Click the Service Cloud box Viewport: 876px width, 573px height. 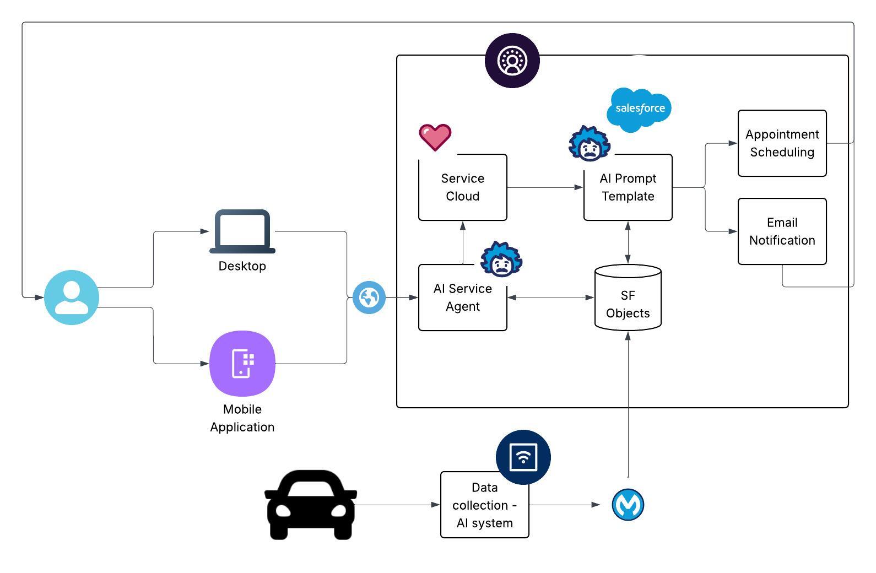point(462,187)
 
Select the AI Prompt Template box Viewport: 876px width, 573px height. point(628,187)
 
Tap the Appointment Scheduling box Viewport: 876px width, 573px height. point(782,143)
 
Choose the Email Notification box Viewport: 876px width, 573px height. point(782,231)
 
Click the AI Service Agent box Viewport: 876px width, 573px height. point(462,298)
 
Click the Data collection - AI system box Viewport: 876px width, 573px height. point(484,505)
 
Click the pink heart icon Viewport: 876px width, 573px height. point(435,137)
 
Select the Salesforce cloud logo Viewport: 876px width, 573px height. point(640,109)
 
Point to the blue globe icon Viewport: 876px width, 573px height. point(369,298)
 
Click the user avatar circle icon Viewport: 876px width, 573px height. point(72,298)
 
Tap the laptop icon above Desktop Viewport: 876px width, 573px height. point(242,231)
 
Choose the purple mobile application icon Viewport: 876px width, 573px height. point(242,364)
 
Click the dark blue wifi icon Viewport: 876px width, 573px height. point(523,457)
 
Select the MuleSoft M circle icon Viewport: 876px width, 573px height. point(628,505)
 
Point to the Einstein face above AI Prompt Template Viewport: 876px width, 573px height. point(590,144)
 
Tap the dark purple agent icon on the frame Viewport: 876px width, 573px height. point(512,61)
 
